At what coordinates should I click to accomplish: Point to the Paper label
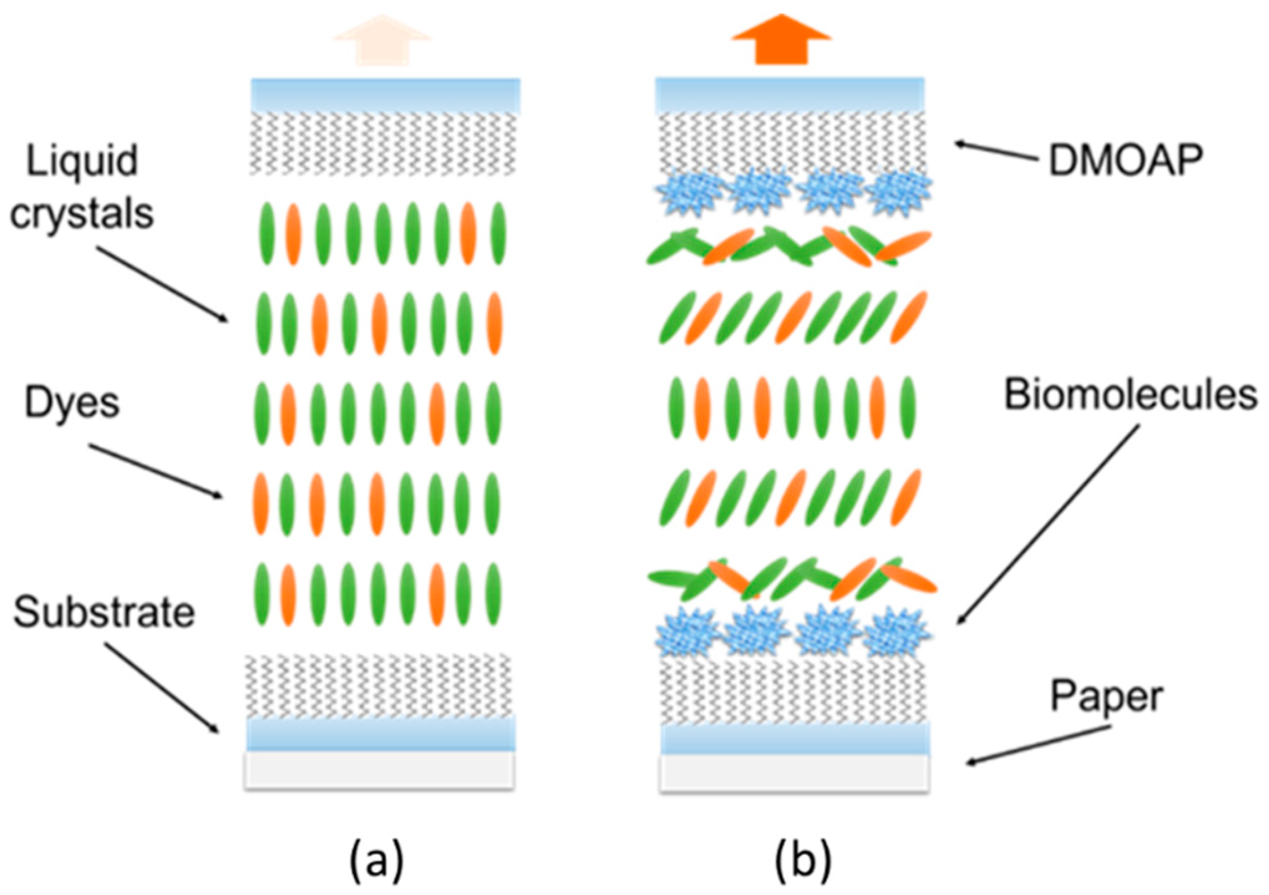tap(1106, 697)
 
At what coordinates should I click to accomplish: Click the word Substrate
tap(104, 612)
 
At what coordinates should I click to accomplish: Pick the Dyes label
tap(72, 403)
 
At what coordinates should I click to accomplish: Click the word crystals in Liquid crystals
tap(82, 215)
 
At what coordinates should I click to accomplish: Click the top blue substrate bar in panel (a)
tap(385, 95)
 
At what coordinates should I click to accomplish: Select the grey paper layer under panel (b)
tap(795, 773)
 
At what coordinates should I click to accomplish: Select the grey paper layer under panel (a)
tap(379, 770)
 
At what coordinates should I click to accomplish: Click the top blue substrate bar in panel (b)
tap(790, 95)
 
